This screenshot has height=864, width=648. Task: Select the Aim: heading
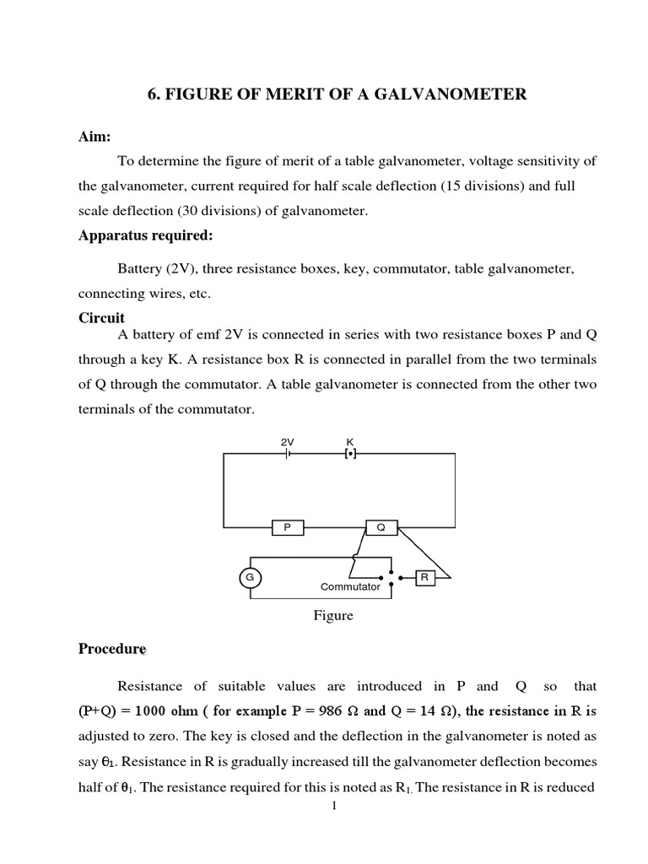click(94, 137)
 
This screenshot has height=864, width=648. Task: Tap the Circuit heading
click(101, 317)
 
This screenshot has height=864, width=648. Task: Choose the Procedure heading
click(111, 649)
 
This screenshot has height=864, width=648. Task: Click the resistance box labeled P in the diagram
click(286, 527)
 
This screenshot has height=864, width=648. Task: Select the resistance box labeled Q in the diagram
click(381, 527)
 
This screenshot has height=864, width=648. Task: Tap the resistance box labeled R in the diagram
click(425, 577)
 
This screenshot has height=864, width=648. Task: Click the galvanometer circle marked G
click(250, 578)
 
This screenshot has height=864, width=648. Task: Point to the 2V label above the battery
click(287, 441)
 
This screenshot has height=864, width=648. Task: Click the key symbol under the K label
click(350, 454)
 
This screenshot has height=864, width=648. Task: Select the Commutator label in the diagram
click(350, 586)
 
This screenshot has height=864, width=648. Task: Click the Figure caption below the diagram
click(333, 616)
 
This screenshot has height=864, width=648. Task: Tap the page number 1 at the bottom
click(334, 807)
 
